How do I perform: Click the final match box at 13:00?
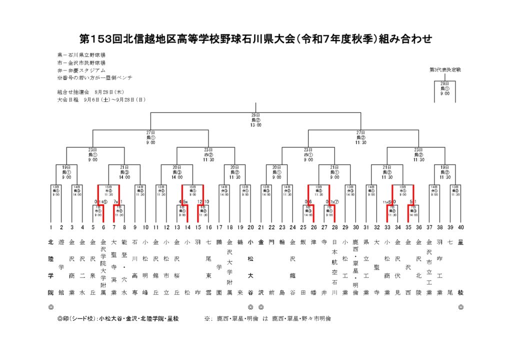256,120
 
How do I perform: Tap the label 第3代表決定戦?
444,69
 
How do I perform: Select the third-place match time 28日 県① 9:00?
444,88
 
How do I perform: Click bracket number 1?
50,227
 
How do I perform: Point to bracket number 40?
460,227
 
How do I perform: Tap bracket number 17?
218,227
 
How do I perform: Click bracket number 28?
334,227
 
